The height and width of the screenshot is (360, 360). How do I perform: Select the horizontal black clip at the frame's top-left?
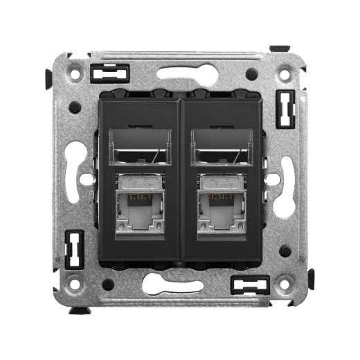tap(109, 73)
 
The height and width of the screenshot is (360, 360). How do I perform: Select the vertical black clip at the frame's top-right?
tap(285, 109)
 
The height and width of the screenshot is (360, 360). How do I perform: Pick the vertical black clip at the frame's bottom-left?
tap(73, 250)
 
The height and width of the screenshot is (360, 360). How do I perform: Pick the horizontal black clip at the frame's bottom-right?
tap(250, 284)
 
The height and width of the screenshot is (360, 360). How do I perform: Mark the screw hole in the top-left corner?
tap(75, 70)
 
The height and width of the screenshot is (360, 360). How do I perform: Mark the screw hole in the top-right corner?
tap(285, 70)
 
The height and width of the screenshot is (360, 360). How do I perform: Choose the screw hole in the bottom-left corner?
tap(75, 284)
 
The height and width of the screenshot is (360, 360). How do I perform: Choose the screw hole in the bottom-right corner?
tap(284, 284)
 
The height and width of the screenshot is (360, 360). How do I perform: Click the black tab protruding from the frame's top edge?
tap(280, 48)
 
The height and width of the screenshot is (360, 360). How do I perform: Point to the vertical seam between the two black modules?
tap(180, 180)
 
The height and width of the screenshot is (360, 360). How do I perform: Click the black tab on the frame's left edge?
tap(48, 78)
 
